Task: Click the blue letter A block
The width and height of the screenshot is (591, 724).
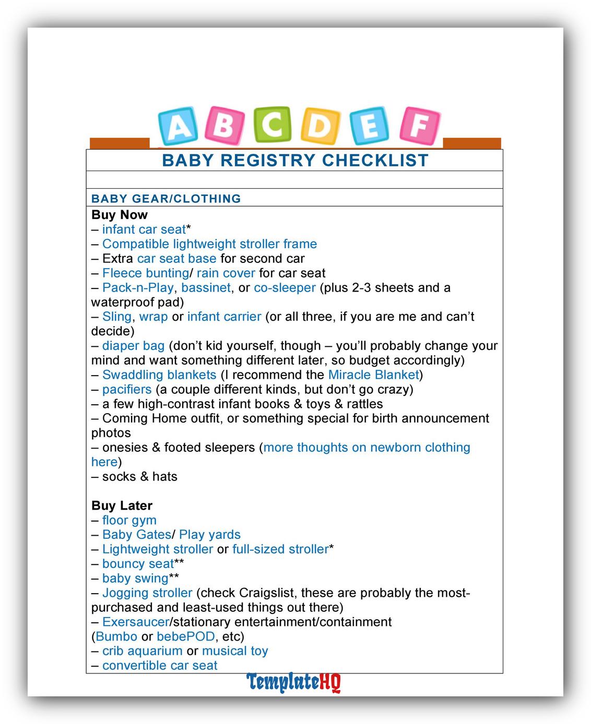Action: pyautogui.click(x=179, y=126)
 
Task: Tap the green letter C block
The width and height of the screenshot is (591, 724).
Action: pyautogui.click(x=272, y=125)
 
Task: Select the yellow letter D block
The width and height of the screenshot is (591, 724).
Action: pyautogui.click(x=320, y=126)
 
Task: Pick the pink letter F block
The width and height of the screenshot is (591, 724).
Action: pyautogui.click(x=419, y=126)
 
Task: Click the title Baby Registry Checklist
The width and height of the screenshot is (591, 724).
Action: pyautogui.click(x=295, y=160)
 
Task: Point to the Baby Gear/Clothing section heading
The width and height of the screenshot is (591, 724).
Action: pyautogui.click(x=166, y=198)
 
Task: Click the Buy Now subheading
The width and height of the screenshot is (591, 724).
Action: pyautogui.click(x=120, y=215)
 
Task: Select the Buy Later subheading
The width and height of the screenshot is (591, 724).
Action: pyautogui.click(x=122, y=505)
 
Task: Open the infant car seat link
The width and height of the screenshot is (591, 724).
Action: pyautogui.click(x=144, y=230)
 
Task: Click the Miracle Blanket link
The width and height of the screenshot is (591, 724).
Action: pyautogui.click(x=373, y=375)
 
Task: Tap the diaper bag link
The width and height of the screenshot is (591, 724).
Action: pyautogui.click(x=133, y=346)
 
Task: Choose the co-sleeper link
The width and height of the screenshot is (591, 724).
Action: pyautogui.click(x=285, y=288)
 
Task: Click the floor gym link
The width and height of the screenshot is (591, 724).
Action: pyautogui.click(x=129, y=520)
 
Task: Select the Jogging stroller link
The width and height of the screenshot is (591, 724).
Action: pyautogui.click(x=147, y=593)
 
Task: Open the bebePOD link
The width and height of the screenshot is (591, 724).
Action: pyautogui.click(x=185, y=637)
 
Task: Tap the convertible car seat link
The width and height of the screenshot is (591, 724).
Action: pyautogui.click(x=160, y=666)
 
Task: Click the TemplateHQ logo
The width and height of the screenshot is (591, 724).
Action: pyautogui.click(x=294, y=682)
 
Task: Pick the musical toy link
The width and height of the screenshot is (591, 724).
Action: pyautogui.click(x=235, y=651)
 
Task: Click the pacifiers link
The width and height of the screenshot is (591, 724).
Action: pyautogui.click(x=127, y=390)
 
